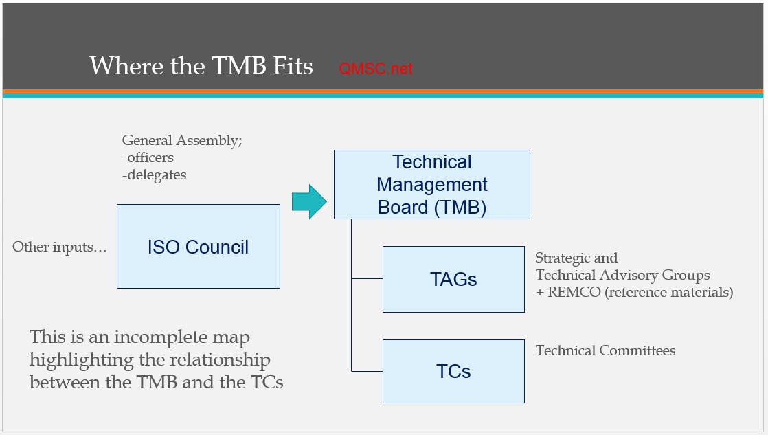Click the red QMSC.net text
[376, 69]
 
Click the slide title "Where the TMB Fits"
[201, 66]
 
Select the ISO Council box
[199, 246]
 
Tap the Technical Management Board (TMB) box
[431, 184]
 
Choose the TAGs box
[453, 279]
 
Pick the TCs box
[453, 371]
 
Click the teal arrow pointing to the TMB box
[308, 201]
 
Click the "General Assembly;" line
[182, 140]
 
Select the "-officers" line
[148, 157]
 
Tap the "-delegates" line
[154, 175]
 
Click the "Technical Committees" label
[605, 350]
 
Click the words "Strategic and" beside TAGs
[576, 258]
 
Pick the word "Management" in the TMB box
[432, 185]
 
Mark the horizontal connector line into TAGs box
[367, 279]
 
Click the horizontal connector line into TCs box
[367, 371]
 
